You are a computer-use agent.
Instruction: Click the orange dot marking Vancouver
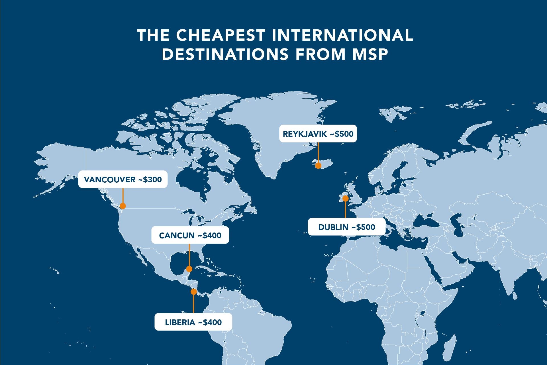pyautogui.click(x=123, y=206)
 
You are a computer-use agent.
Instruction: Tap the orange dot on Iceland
pyautogui.click(x=318, y=166)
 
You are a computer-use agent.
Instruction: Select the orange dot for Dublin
pyautogui.click(x=345, y=198)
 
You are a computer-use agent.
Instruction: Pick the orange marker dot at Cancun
pyautogui.click(x=189, y=269)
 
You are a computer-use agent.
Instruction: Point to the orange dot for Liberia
pyautogui.click(x=194, y=291)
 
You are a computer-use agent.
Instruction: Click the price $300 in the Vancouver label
pyautogui.click(x=152, y=180)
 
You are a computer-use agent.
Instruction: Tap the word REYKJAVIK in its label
pyautogui.click(x=305, y=134)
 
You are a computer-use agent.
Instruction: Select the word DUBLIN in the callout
pyautogui.click(x=333, y=227)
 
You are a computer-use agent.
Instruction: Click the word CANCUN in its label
pyautogui.click(x=177, y=235)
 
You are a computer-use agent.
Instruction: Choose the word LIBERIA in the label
pyautogui.click(x=180, y=322)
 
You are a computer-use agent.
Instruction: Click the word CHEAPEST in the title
pyautogui.click(x=221, y=35)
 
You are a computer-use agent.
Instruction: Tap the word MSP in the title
pyautogui.click(x=370, y=54)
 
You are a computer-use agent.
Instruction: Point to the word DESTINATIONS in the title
pyautogui.click(x=225, y=54)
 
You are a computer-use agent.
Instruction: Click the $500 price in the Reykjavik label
pyautogui.click(x=344, y=134)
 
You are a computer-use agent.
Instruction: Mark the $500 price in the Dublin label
pyautogui.click(x=366, y=227)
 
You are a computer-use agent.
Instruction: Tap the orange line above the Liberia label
pyautogui.click(x=193, y=304)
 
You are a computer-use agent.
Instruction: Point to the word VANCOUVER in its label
pyautogui.click(x=110, y=180)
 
